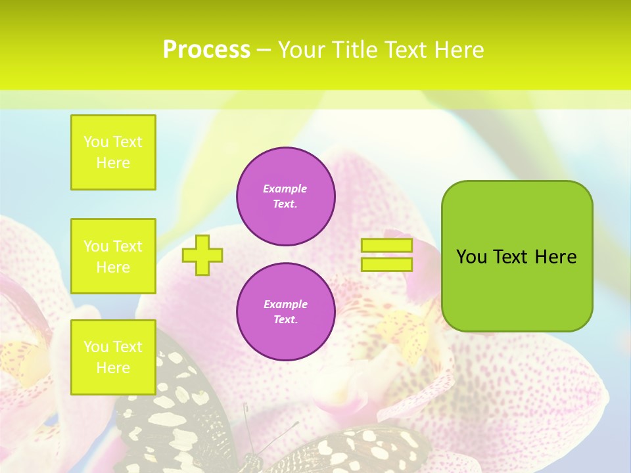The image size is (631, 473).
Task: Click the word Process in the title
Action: pos(206,50)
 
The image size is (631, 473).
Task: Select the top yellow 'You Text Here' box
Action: pos(113,152)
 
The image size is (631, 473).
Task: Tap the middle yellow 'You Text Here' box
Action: pos(113,256)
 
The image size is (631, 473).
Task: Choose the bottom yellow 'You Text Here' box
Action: pos(113,357)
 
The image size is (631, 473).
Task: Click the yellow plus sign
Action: pos(202,255)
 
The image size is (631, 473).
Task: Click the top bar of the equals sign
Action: pos(386,246)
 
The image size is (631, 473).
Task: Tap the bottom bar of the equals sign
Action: pos(386,264)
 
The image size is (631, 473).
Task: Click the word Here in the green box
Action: pos(555,257)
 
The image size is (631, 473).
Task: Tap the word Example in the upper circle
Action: pos(285,189)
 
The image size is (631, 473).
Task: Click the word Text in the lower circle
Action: pos(285,320)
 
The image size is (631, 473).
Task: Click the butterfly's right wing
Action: pos(355,450)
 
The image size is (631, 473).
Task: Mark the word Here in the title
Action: pos(458,50)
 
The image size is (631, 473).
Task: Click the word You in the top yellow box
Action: pos(96,142)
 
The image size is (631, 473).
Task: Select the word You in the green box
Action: pos(471,257)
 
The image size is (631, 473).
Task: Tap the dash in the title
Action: pos(264,50)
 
